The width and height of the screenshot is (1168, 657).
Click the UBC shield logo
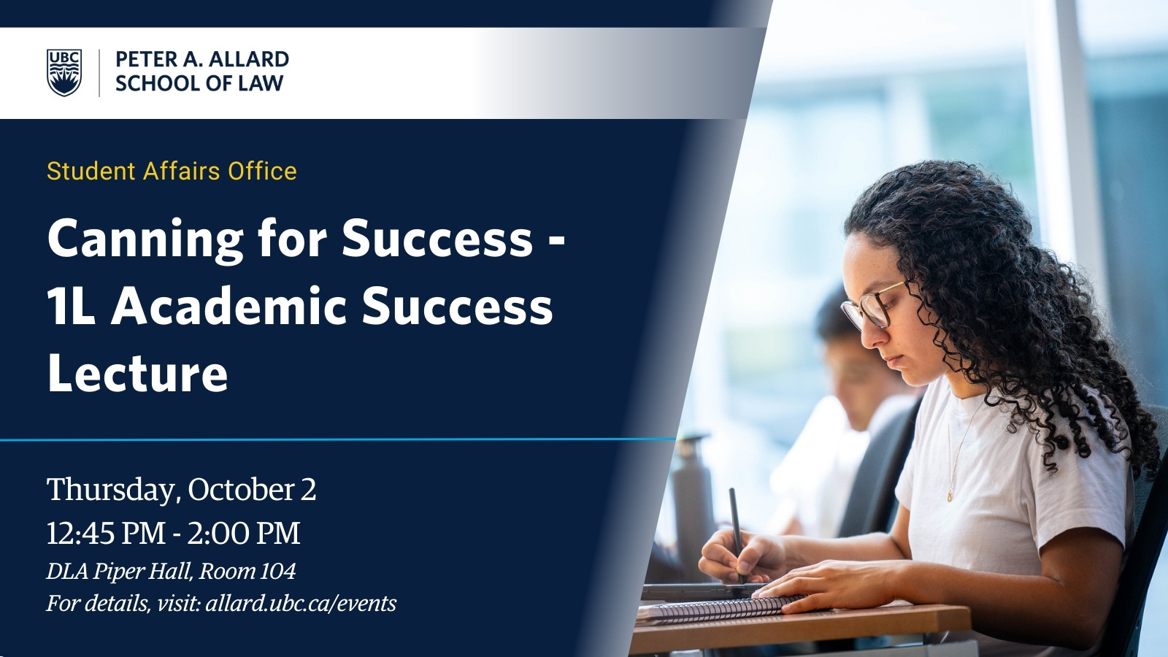[64, 72]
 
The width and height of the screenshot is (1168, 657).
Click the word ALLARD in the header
[249, 59]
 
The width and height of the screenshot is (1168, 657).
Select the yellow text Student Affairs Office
[172, 171]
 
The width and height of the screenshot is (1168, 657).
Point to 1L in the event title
[71, 307]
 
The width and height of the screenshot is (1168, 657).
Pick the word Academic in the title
[229, 306]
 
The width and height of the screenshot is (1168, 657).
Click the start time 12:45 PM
[106, 534]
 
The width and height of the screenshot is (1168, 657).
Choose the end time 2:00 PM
[244, 534]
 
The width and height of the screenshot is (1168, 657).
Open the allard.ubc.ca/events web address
[301, 604]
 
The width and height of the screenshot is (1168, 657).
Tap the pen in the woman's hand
[737, 535]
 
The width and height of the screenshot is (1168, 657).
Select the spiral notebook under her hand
[720, 608]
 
